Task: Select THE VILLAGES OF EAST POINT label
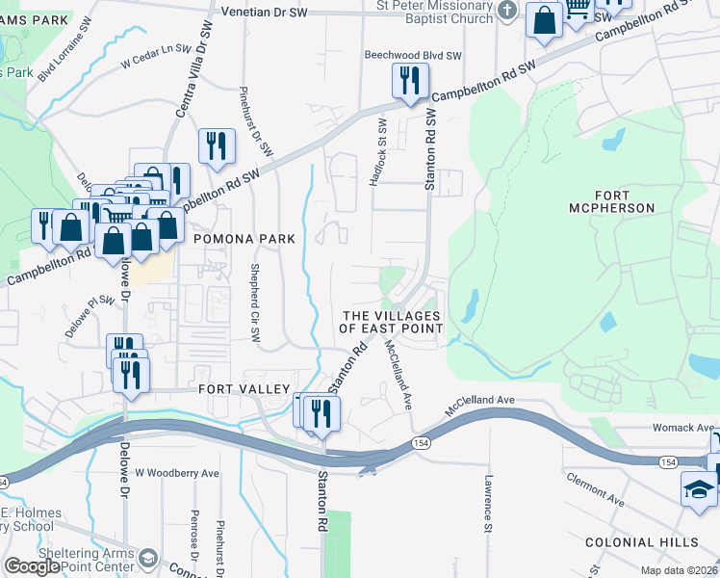click(392, 322)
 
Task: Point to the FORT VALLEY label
click(244, 389)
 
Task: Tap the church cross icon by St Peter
click(509, 12)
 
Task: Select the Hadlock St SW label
click(379, 153)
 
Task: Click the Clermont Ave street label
click(597, 489)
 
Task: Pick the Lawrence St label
click(488, 502)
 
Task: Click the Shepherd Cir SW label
click(255, 302)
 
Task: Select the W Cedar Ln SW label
click(157, 57)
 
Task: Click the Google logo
click(33, 566)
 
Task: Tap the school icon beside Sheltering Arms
click(148, 559)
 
